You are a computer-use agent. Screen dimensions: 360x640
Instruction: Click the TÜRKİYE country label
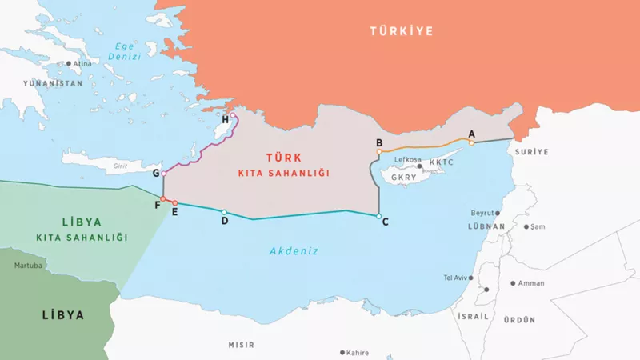pyautogui.click(x=401, y=31)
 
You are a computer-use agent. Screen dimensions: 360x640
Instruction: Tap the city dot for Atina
pyautogui.click(x=69, y=63)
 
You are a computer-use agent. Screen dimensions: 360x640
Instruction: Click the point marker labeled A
pyautogui.click(x=471, y=142)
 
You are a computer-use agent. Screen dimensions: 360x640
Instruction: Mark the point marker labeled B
pyautogui.click(x=379, y=151)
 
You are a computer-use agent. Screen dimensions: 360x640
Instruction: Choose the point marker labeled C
pyautogui.click(x=378, y=215)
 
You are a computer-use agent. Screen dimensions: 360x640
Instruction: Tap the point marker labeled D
pyautogui.click(x=224, y=213)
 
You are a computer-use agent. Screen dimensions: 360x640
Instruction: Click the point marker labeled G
pyautogui.click(x=163, y=174)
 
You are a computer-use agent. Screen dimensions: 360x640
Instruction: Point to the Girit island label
pyautogui.click(x=121, y=166)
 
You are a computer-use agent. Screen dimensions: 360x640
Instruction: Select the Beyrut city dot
pyautogui.click(x=498, y=214)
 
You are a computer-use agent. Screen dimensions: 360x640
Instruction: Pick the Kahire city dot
pyautogui.click(x=343, y=352)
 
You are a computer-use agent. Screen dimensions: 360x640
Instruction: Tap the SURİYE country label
pyautogui.click(x=532, y=151)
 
